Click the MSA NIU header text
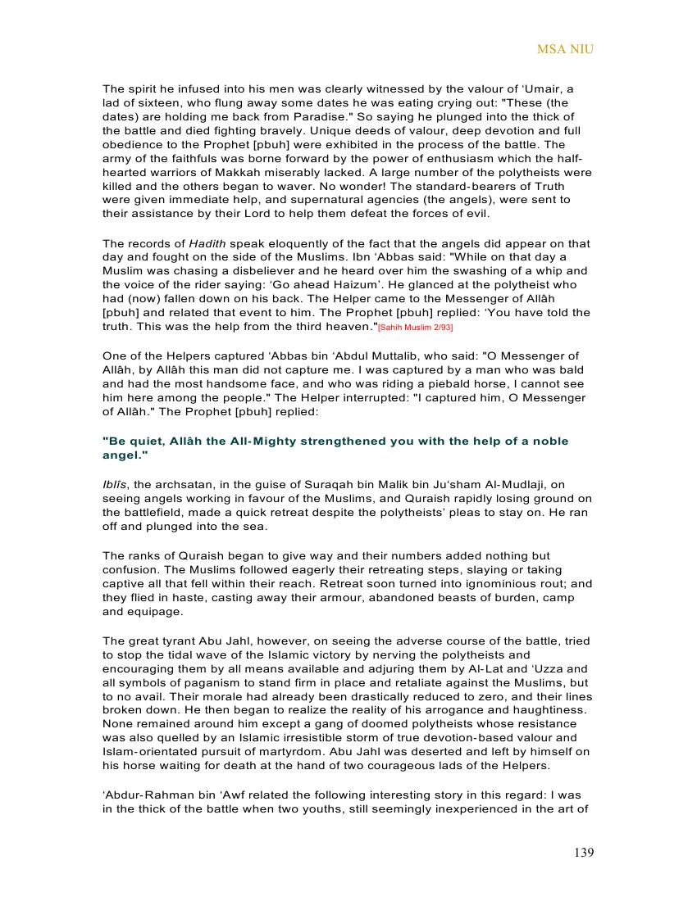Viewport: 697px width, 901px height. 565,49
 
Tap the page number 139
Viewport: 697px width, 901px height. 584,853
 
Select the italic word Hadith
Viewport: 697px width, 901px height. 207,243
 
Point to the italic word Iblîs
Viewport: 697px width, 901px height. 114,484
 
